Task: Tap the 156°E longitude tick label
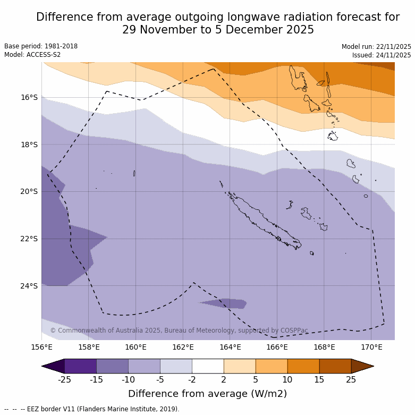click(41, 348)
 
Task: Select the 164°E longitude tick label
click(230, 348)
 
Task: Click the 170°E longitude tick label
click(371, 348)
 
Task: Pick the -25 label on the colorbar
click(64, 379)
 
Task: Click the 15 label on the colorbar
click(319, 379)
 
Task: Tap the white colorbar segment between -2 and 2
click(208, 366)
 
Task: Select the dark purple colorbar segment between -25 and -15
click(80, 366)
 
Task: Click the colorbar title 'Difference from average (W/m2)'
click(207, 394)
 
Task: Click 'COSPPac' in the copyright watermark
click(295, 331)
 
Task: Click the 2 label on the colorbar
click(224, 379)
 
